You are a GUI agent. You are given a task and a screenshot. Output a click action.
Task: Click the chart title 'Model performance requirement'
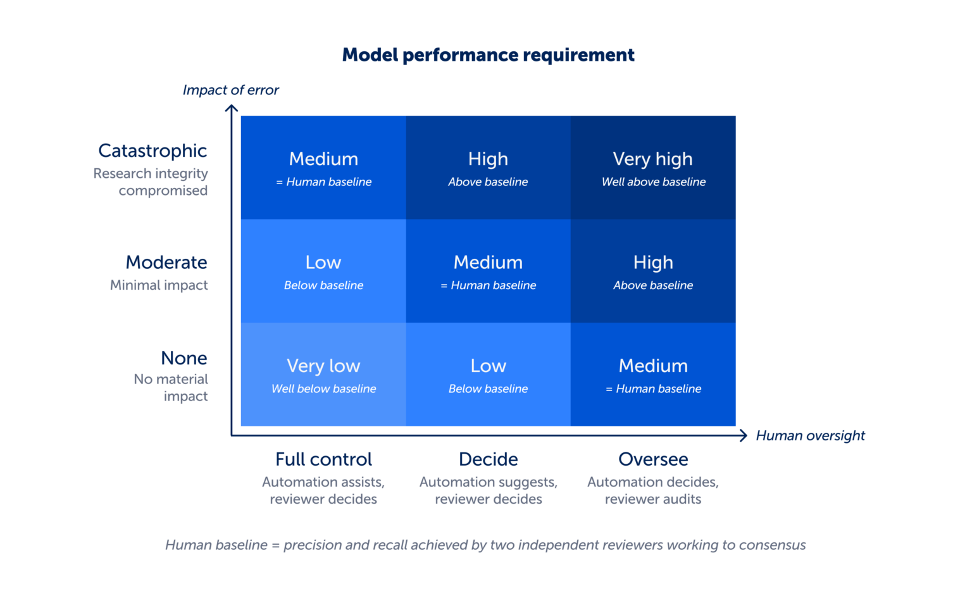488,56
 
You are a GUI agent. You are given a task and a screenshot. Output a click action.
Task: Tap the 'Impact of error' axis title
230,90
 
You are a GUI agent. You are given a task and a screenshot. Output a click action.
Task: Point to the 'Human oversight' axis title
810,435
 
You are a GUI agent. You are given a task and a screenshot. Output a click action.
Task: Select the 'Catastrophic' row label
153,151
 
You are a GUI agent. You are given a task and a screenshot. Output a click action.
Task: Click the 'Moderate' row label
166,262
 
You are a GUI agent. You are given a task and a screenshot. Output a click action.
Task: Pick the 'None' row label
184,358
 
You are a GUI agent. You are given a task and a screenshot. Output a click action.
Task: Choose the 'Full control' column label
324,459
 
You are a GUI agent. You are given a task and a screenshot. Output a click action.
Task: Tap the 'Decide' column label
488,459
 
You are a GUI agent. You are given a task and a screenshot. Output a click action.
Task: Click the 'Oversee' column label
653,459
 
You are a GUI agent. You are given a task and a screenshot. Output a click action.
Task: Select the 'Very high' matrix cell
653,168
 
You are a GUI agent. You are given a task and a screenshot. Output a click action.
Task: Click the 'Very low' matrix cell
324,375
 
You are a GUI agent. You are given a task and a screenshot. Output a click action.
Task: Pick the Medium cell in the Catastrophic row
324,168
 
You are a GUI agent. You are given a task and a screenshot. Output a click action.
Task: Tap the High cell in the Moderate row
653,271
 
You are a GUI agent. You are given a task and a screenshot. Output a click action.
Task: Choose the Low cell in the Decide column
488,375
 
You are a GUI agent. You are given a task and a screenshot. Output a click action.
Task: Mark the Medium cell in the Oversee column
653,375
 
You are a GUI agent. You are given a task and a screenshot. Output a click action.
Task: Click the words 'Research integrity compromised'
151,182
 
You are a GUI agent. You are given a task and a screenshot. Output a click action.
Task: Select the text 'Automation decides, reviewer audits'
653,490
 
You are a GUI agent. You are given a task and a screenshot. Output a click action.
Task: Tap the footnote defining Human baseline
485,545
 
